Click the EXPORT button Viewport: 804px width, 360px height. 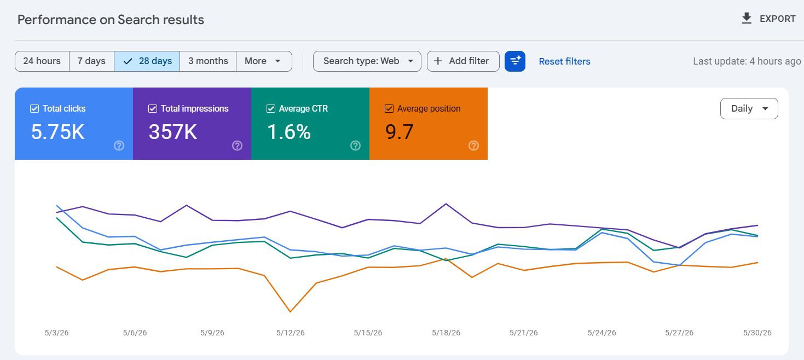point(768,19)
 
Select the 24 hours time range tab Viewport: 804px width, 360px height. point(42,61)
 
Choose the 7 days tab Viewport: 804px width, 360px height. point(91,61)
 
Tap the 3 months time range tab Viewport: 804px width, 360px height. point(208,61)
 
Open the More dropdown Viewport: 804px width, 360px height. point(264,61)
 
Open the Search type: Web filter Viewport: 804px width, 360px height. point(367,61)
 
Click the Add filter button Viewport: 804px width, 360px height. point(463,61)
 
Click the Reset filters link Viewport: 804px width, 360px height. point(565,61)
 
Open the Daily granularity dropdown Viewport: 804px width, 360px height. point(749,108)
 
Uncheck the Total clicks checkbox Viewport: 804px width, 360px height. point(34,108)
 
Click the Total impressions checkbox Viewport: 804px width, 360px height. point(153,108)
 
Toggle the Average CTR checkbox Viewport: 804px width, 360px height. point(271,108)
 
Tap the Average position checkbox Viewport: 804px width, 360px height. point(389,108)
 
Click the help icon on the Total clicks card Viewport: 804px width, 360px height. point(119,146)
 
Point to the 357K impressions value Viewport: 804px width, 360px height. point(173,132)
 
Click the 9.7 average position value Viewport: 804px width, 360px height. point(399,132)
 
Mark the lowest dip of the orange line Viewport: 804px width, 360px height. point(291,311)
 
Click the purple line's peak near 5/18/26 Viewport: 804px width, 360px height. point(446,204)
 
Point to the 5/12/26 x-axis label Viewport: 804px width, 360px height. point(291,333)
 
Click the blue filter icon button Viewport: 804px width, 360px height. point(515,61)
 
